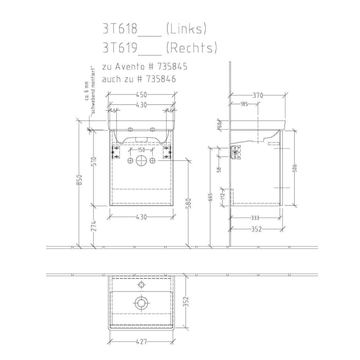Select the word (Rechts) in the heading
pyautogui.click(x=191, y=48)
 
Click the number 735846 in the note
pyautogui.click(x=161, y=79)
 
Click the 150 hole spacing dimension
pyautogui.click(x=141, y=150)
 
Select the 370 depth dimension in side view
pyautogui.click(x=258, y=95)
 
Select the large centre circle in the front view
pyautogui.click(x=141, y=160)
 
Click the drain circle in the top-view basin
pyautogui.click(x=141, y=302)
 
